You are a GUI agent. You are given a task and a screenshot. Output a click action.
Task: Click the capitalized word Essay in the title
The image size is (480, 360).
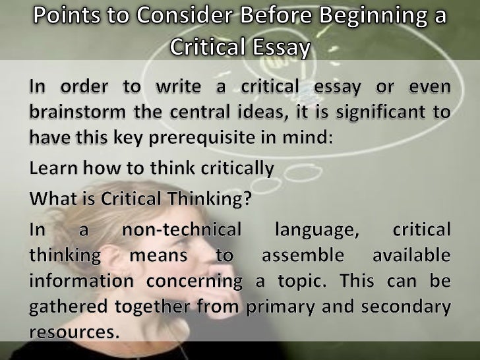275,45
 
